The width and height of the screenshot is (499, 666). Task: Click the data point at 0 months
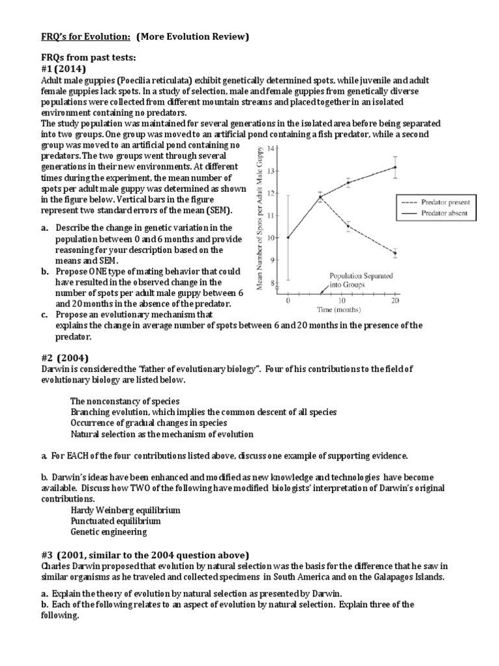click(x=288, y=237)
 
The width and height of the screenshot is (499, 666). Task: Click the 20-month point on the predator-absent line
click(x=395, y=167)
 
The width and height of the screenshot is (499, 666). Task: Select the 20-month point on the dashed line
click(x=395, y=253)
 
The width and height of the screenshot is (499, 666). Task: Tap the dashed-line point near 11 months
click(x=348, y=226)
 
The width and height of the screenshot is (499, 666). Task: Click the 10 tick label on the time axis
click(x=342, y=300)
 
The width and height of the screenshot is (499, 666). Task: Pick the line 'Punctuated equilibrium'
click(x=116, y=521)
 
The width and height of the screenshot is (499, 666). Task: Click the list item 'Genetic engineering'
click(x=109, y=531)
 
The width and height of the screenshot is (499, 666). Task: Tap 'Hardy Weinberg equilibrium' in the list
click(x=125, y=510)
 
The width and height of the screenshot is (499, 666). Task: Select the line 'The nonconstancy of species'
click(x=125, y=401)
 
